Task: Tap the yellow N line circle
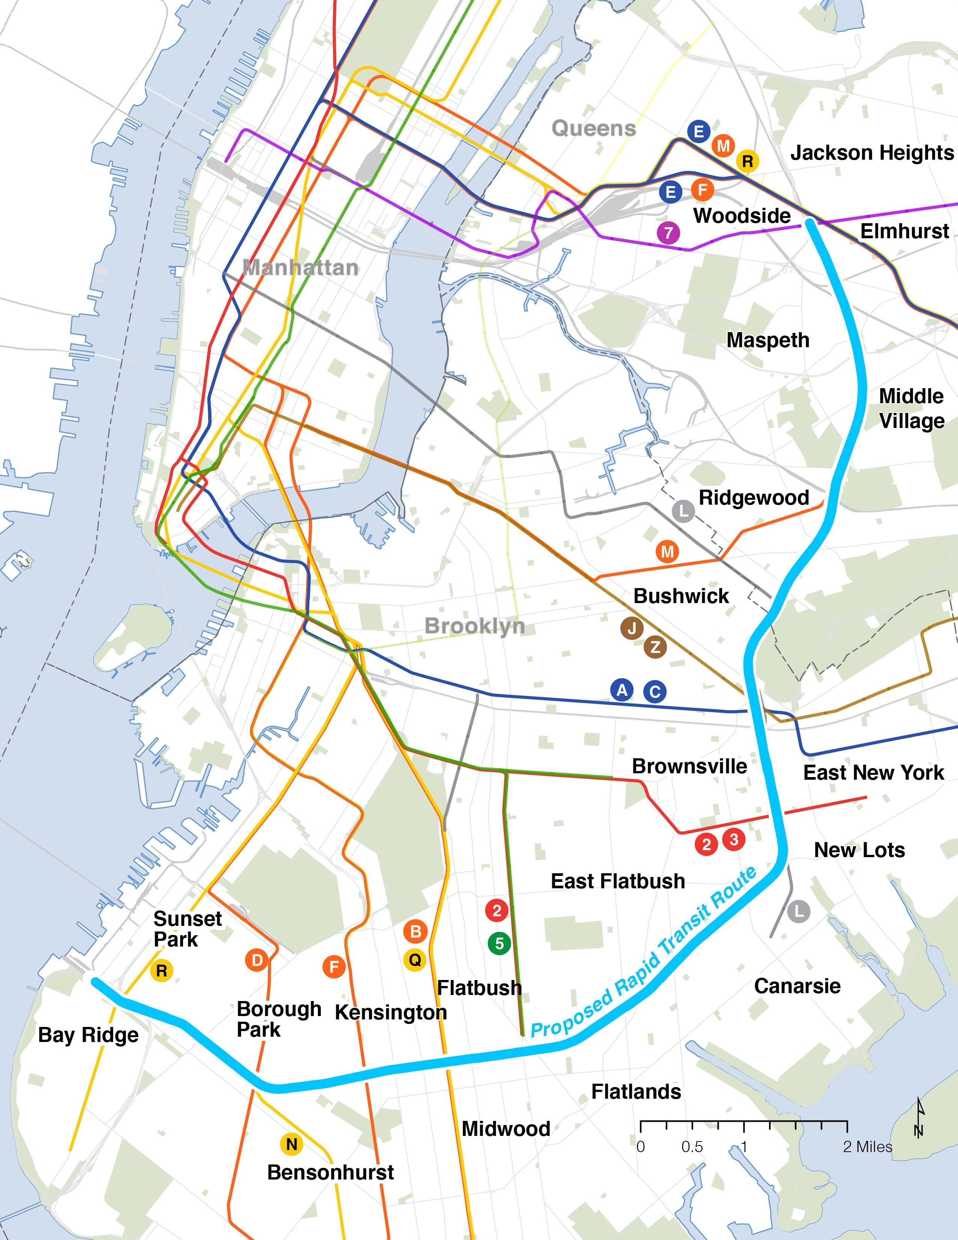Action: (x=292, y=1144)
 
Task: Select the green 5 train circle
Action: (x=499, y=944)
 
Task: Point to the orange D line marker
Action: (x=257, y=960)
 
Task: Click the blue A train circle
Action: (x=622, y=690)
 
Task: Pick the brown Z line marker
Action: (x=655, y=647)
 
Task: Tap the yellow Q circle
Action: (x=415, y=960)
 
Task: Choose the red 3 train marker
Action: (x=734, y=839)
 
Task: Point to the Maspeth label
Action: (x=768, y=340)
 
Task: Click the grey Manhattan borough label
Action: (x=301, y=268)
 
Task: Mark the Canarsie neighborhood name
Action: (x=797, y=986)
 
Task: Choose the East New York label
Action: (x=873, y=773)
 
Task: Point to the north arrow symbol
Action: (x=919, y=1119)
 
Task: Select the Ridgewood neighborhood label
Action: (x=754, y=498)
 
